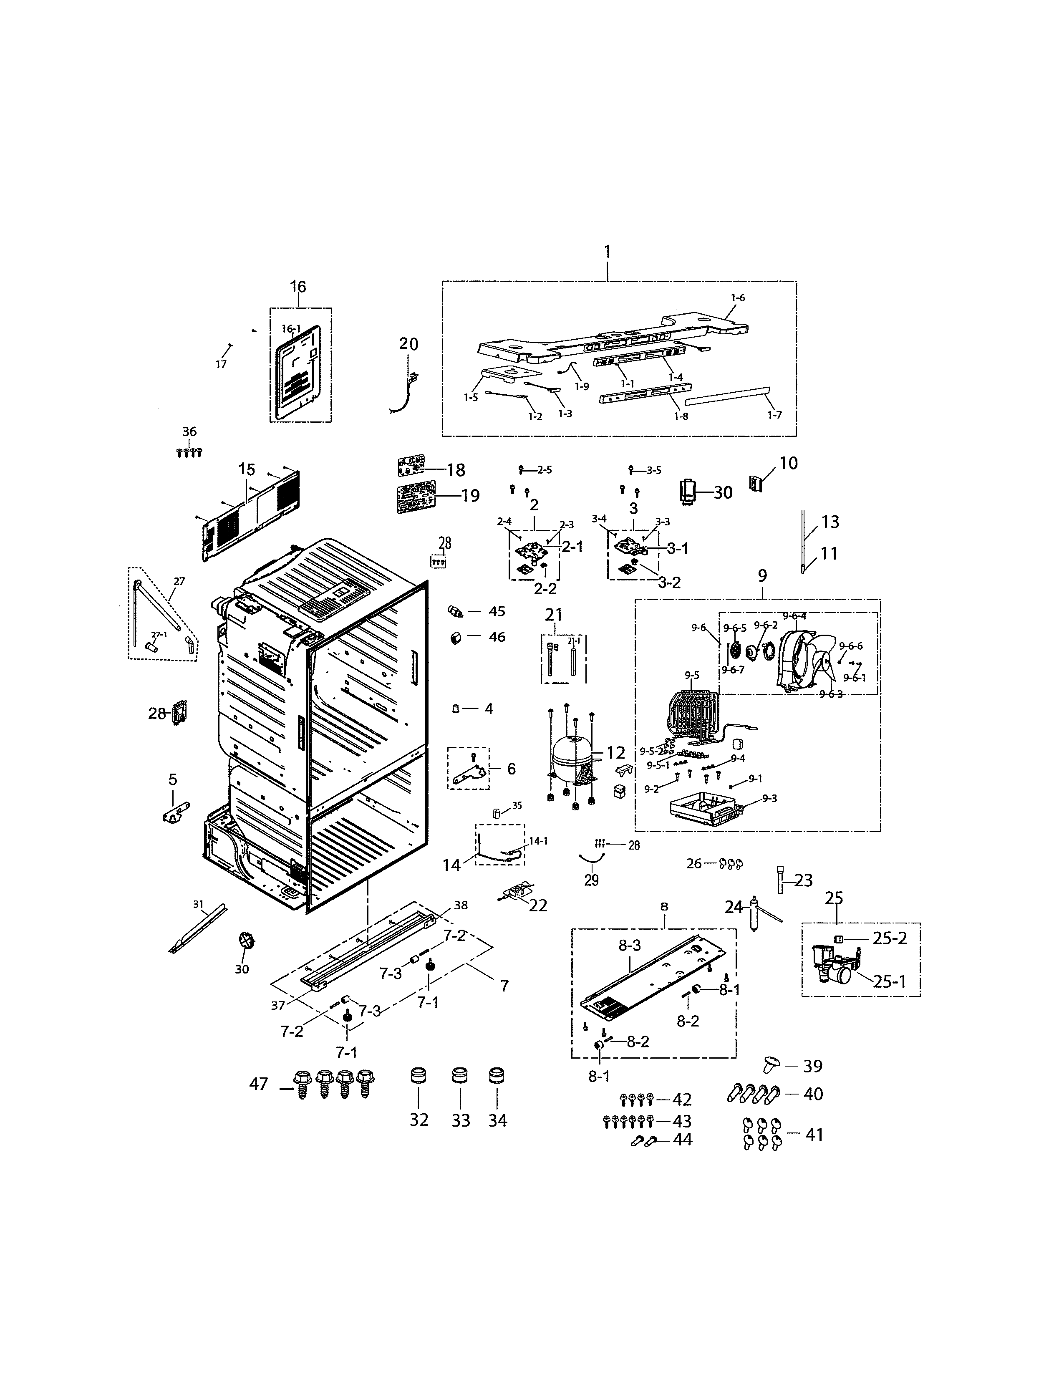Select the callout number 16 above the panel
(x=298, y=287)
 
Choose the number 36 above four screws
(x=189, y=432)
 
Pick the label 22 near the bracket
(x=538, y=905)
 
